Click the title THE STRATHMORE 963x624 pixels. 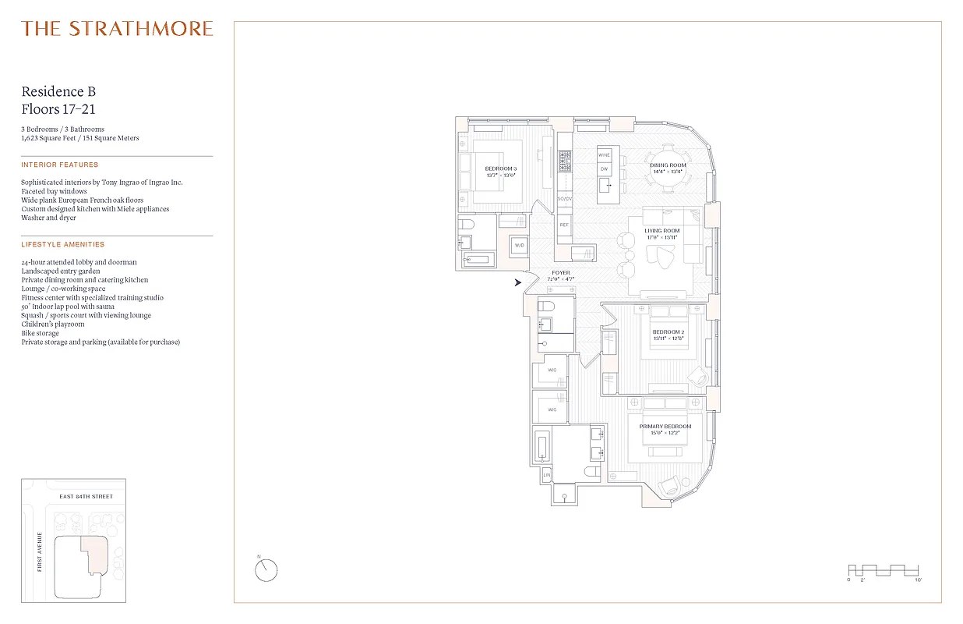coord(117,29)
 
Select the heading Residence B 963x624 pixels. coord(58,92)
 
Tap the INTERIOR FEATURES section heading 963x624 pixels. coord(60,165)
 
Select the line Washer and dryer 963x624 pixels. coord(48,218)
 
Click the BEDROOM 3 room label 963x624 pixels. coord(500,169)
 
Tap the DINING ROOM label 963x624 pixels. coord(668,165)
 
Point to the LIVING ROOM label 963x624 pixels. coord(661,231)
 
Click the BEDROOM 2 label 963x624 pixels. coord(668,332)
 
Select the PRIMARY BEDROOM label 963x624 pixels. coord(665,427)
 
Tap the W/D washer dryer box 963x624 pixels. coord(519,246)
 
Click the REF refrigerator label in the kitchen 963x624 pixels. coord(564,224)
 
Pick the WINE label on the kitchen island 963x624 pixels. coord(604,155)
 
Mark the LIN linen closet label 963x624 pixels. coord(546,474)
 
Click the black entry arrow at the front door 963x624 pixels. coord(518,282)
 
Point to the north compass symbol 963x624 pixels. coord(266,570)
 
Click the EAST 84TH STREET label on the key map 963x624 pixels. coord(86,496)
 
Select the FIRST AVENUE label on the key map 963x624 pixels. coord(39,551)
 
